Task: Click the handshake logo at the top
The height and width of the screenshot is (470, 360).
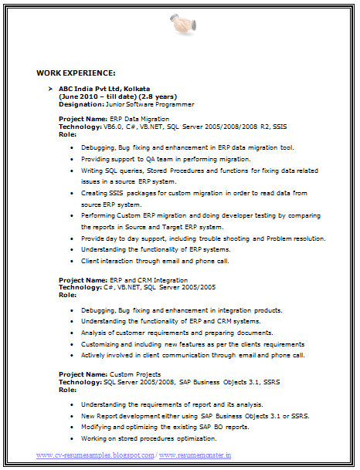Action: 182,23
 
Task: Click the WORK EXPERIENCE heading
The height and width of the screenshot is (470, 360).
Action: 76,73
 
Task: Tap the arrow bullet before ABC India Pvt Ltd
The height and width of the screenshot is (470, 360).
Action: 50,90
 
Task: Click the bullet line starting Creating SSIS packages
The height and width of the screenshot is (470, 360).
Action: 194,193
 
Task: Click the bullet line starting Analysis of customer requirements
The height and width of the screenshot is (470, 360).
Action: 163,333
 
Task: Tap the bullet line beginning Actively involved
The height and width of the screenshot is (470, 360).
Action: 192,356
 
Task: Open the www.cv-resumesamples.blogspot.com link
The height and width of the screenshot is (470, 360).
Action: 95,455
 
